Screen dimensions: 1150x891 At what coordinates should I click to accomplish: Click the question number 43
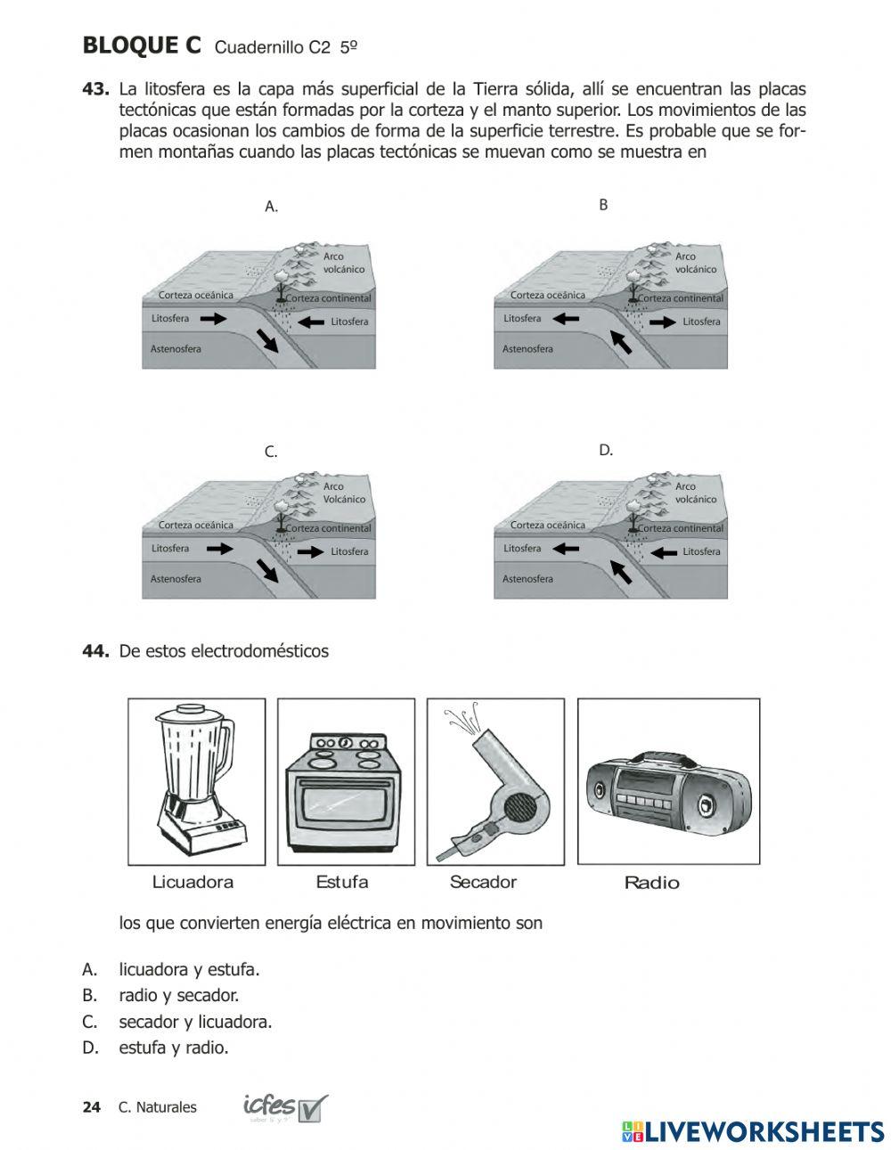[95, 89]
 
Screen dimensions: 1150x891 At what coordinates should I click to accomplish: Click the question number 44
[95, 651]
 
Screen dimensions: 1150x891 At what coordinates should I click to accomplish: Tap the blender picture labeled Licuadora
[197, 780]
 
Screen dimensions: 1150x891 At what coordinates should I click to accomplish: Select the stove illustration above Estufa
[345, 781]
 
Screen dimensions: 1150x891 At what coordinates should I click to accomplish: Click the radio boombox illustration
[668, 781]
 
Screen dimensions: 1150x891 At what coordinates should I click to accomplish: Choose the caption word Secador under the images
[483, 882]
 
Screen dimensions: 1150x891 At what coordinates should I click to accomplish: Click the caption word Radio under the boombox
[651, 883]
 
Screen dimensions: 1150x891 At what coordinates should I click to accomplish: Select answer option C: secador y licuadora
[195, 1022]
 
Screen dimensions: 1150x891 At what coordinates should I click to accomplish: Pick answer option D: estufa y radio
[174, 1048]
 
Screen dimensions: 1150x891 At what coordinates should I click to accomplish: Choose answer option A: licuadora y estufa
[189, 969]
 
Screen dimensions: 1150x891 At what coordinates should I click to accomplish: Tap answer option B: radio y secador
[178, 995]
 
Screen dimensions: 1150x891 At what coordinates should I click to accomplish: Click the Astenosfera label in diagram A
[176, 349]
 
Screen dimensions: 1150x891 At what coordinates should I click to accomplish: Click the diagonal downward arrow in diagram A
[266, 340]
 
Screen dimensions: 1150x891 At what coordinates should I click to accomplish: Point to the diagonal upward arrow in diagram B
[620, 340]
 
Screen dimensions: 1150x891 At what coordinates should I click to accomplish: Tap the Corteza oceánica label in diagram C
[196, 526]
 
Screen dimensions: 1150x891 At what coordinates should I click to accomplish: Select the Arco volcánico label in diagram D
[695, 493]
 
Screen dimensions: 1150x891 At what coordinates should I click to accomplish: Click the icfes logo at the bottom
[284, 1107]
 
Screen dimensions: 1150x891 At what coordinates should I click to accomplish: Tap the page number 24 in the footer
[91, 1107]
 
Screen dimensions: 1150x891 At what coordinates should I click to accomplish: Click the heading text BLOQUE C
[142, 45]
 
